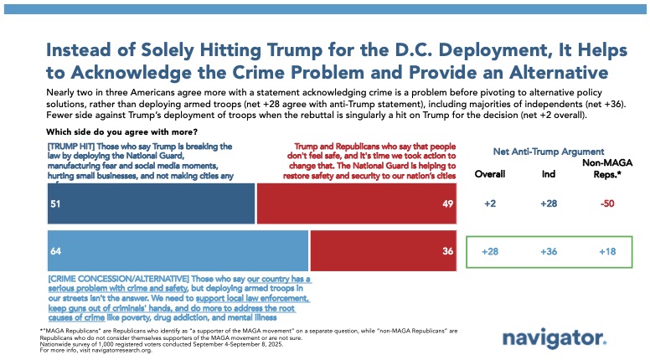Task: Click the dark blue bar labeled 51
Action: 149,204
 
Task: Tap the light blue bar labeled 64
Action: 177,251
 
